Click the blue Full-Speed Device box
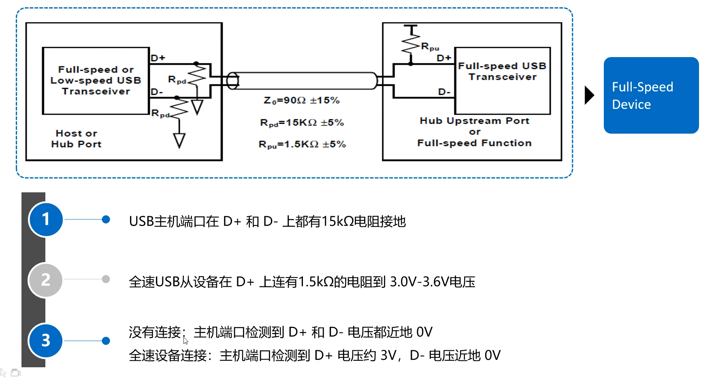pyautogui.click(x=651, y=95)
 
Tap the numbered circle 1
pyautogui.click(x=46, y=219)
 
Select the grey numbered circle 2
pyautogui.click(x=45, y=280)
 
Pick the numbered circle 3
pyautogui.click(x=46, y=341)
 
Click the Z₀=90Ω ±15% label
pyautogui.click(x=302, y=100)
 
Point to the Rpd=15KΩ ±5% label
pyautogui.click(x=302, y=123)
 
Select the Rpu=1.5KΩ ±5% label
pyautogui.click(x=302, y=145)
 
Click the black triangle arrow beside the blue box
pyautogui.click(x=589, y=95)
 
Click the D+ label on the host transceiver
pyautogui.click(x=158, y=58)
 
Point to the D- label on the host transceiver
pyautogui.click(x=157, y=92)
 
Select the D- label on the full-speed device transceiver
pyautogui.click(x=444, y=92)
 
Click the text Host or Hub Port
pyautogui.click(x=76, y=138)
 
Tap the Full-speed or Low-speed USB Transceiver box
pyautogui.click(x=96, y=81)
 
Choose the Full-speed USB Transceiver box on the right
pyautogui.click(x=503, y=81)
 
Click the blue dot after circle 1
pyautogui.click(x=106, y=219)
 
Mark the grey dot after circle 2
pyautogui.click(x=106, y=279)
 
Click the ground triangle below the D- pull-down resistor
pyautogui.click(x=179, y=140)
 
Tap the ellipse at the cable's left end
pyautogui.click(x=232, y=81)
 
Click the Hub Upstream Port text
pyautogui.click(x=474, y=121)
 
